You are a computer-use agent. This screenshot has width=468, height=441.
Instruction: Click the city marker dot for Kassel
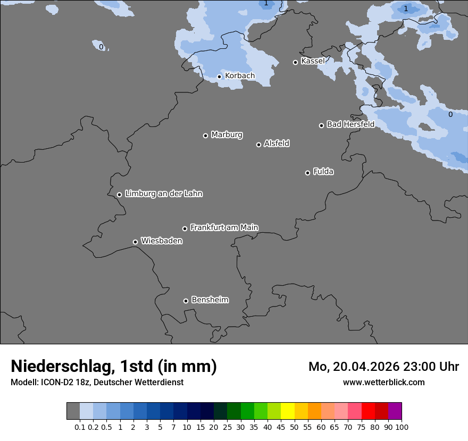click(296, 62)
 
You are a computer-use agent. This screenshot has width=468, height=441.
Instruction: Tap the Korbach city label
click(240, 76)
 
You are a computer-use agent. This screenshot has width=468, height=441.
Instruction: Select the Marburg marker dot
click(205, 135)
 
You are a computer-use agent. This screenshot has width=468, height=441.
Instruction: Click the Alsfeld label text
click(277, 143)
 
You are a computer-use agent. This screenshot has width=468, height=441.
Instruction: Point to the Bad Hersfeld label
click(350, 124)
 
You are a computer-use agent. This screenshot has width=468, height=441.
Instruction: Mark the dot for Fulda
click(307, 173)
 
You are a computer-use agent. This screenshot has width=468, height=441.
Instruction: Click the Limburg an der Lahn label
click(163, 194)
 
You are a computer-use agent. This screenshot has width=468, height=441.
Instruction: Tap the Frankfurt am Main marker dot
click(185, 228)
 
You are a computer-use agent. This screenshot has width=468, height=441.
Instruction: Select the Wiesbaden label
click(161, 241)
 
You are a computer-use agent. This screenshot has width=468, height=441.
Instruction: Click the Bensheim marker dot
click(186, 301)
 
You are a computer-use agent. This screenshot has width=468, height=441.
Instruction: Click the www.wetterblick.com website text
click(383, 382)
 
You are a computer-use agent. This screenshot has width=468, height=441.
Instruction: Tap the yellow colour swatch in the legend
click(288, 411)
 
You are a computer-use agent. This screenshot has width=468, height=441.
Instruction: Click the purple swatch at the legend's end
click(395, 411)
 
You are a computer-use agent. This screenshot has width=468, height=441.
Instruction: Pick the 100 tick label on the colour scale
click(402, 427)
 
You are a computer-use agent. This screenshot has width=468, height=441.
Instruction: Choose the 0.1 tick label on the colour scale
click(80, 427)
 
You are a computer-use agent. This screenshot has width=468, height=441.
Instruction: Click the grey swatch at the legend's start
click(73, 411)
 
